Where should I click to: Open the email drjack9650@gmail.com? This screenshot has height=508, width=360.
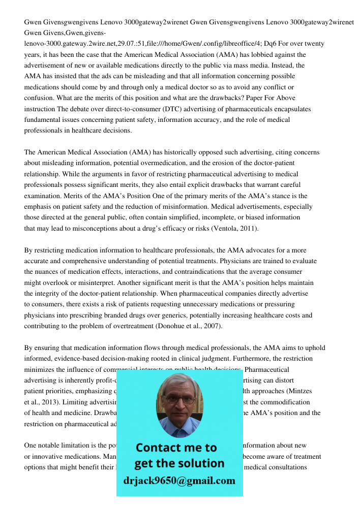point(179,481)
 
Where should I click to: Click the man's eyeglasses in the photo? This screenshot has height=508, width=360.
point(179,399)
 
